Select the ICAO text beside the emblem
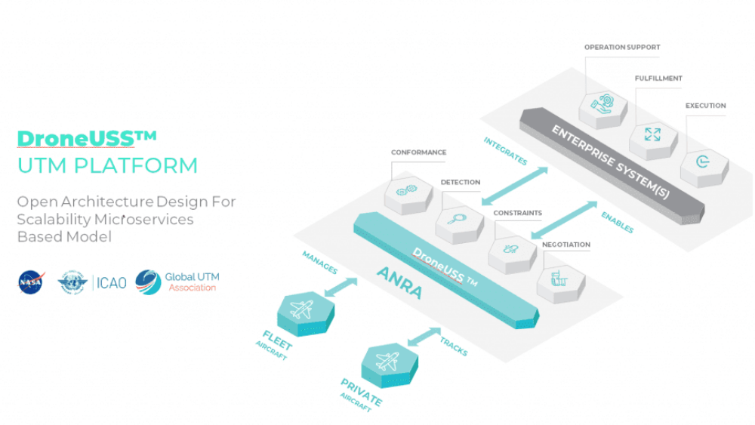(x=111, y=283)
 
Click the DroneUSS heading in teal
(x=87, y=138)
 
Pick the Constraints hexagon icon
(x=511, y=251)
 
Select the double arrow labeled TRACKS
(x=423, y=336)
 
